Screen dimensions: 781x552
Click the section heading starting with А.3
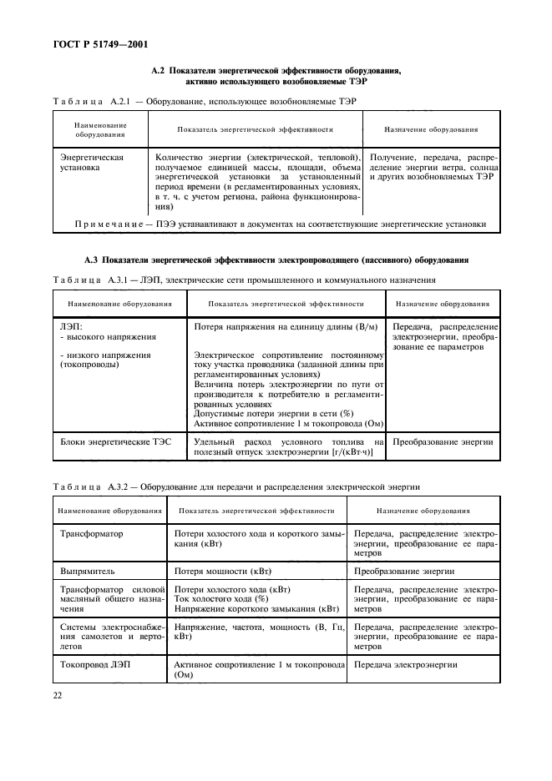[x=276, y=260]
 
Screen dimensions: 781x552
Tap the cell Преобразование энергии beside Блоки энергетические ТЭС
[x=443, y=441]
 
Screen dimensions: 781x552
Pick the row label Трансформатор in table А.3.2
[x=92, y=532]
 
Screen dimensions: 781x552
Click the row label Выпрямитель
[x=93, y=572]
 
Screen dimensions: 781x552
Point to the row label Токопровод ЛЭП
[x=95, y=665]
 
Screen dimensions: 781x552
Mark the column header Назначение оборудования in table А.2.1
[x=430, y=130]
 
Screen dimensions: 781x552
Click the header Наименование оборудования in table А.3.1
[x=119, y=304]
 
